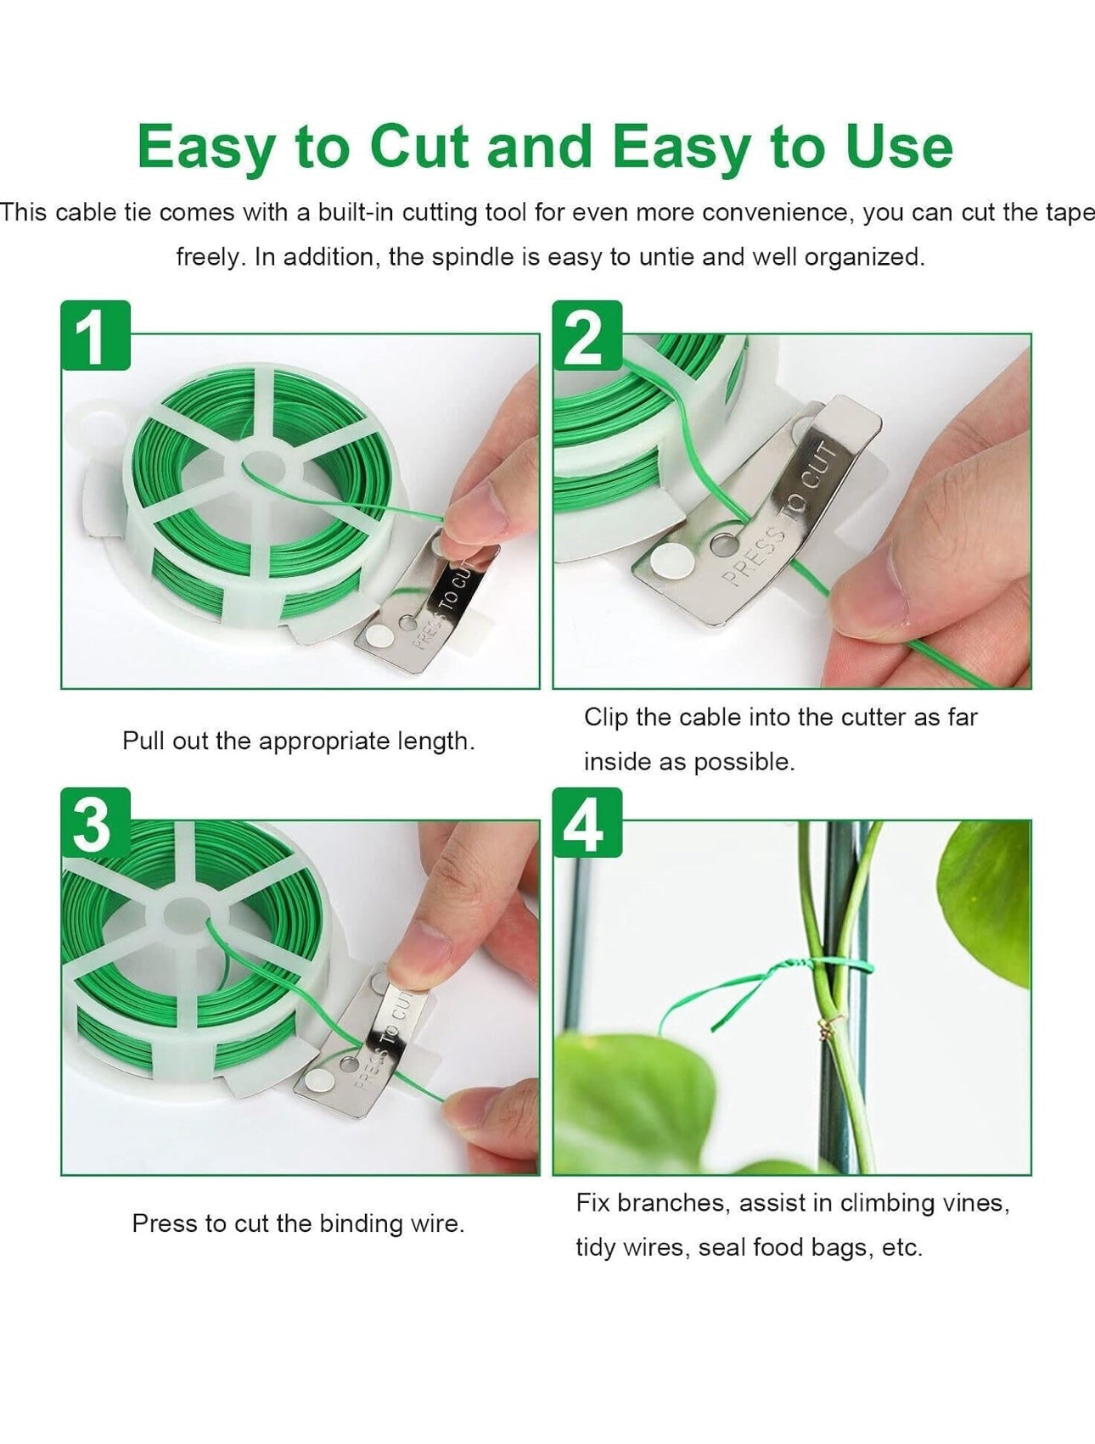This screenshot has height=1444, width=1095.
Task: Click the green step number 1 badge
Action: click(95, 335)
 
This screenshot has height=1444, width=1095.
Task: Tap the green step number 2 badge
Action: click(587, 335)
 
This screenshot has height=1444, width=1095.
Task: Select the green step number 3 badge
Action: click(95, 822)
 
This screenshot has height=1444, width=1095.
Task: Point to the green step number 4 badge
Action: click(587, 822)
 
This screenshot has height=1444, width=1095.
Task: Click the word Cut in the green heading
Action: click(419, 146)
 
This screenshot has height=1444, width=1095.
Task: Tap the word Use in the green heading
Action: click(899, 146)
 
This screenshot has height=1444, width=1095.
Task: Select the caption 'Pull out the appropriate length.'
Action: click(299, 741)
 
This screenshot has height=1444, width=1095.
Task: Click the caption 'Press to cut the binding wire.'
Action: click(299, 1223)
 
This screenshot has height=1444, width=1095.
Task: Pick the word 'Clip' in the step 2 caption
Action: click(606, 718)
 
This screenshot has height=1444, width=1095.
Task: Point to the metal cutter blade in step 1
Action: click(426, 607)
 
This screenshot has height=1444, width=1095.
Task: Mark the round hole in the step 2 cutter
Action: click(726, 544)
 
